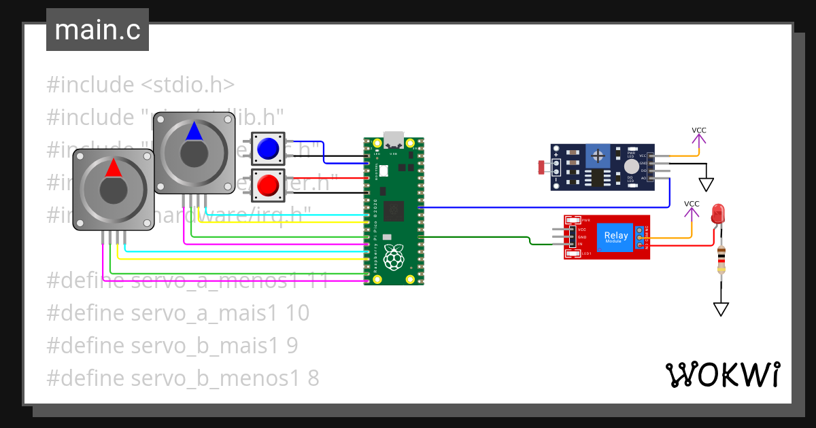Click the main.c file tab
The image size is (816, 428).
(x=97, y=31)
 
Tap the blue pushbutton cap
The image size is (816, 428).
(x=268, y=147)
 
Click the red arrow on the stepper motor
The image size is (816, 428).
(x=114, y=168)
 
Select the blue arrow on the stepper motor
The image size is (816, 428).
(x=194, y=131)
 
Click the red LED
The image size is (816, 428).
(x=719, y=216)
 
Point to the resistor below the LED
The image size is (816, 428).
(x=721, y=260)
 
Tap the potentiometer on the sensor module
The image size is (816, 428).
(x=598, y=156)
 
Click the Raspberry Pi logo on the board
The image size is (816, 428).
(x=394, y=257)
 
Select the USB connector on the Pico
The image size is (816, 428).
(x=394, y=140)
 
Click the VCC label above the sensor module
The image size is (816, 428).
(x=698, y=130)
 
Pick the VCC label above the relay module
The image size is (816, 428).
(x=691, y=204)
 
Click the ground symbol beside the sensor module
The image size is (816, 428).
(x=707, y=184)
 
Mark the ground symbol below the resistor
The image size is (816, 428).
(x=721, y=309)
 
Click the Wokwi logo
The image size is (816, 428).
(x=722, y=374)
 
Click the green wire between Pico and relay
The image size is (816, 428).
(x=476, y=236)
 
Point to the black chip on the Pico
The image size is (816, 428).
(x=394, y=211)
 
